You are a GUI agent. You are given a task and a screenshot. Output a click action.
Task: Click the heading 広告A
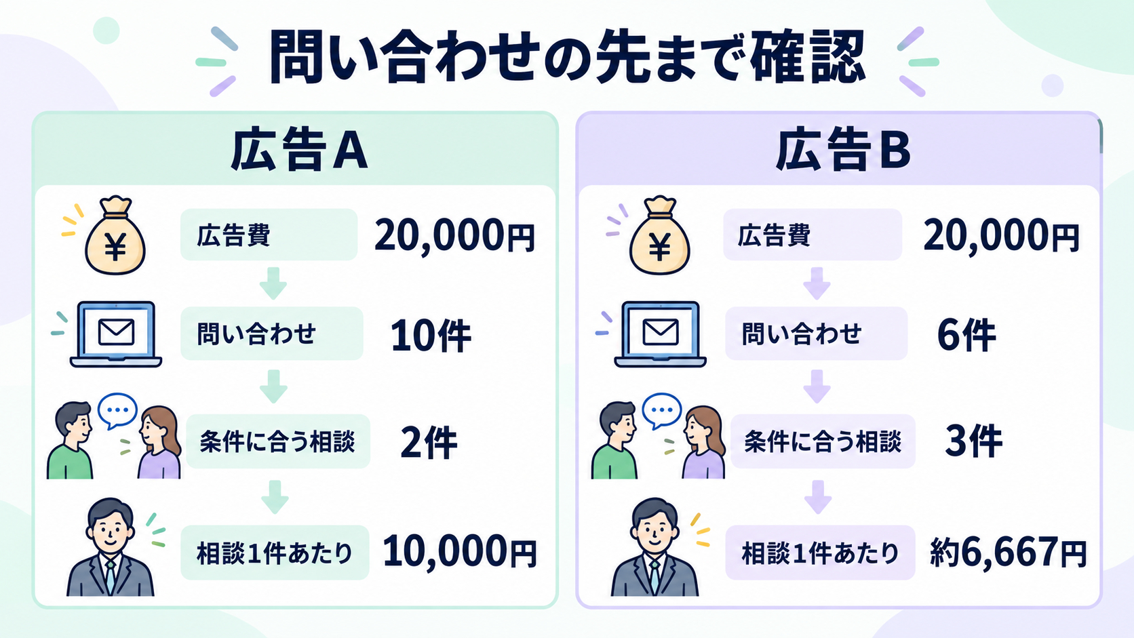pyautogui.click(x=299, y=151)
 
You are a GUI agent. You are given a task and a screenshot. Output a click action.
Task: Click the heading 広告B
pyautogui.click(x=843, y=151)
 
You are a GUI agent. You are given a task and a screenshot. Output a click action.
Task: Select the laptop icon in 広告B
pyautogui.click(x=660, y=334)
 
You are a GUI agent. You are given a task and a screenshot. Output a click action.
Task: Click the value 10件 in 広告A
pyautogui.click(x=431, y=336)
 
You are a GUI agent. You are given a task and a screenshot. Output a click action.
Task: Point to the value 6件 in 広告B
pyautogui.click(x=966, y=335)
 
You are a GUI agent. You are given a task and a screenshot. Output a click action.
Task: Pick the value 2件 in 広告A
pyautogui.click(x=429, y=443)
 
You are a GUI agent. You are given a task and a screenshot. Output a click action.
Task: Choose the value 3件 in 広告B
pyautogui.click(x=973, y=441)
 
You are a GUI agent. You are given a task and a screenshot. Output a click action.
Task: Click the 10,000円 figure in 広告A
pyautogui.click(x=460, y=552)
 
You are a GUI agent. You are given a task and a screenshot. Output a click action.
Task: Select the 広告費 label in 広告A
pyautogui.click(x=233, y=235)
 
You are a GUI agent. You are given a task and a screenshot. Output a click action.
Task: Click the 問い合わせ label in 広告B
pyautogui.click(x=802, y=334)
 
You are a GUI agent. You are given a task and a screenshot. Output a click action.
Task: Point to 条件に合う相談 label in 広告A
pyautogui.click(x=277, y=441)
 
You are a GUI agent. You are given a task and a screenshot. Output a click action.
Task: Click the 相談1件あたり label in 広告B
pyautogui.click(x=820, y=553)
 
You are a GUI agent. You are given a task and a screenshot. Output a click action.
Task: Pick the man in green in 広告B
pyautogui.click(x=614, y=440)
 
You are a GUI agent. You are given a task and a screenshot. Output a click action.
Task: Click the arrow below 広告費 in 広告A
pyautogui.click(x=273, y=284)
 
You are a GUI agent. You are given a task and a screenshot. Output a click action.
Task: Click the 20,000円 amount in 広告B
pyautogui.click(x=1002, y=235)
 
